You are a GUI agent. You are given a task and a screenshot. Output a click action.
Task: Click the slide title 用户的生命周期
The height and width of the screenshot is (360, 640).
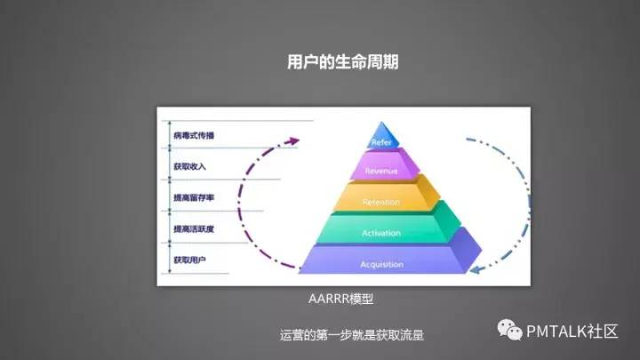coord(342,62)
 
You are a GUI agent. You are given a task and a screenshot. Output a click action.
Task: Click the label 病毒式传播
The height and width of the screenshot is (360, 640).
coord(194,135)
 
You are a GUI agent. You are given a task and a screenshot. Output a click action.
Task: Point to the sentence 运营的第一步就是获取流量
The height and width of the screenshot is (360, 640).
coord(351,335)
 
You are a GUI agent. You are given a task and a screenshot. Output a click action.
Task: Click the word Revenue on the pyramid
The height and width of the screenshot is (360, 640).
coord(382,171)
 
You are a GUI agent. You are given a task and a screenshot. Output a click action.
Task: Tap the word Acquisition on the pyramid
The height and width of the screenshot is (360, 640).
coord(382,265)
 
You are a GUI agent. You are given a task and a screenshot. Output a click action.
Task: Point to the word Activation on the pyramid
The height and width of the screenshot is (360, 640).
coord(382,234)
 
